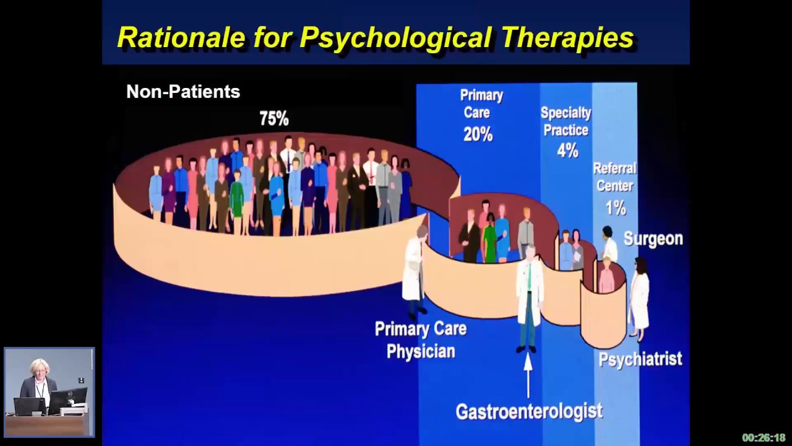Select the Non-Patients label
tap(183, 92)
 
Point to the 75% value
tap(274, 118)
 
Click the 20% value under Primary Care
tap(478, 134)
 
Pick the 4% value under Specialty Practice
tap(567, 151)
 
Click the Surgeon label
tap(653, 238)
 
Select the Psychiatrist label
tap(640, 359)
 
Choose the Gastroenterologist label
tap(529, 411)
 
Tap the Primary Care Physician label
tap(421, 340)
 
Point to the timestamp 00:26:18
tap(764, 437)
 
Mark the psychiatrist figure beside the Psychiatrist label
tap(640, 297)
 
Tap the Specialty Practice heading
tap(566, 121)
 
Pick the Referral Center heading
tap(614, 177)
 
